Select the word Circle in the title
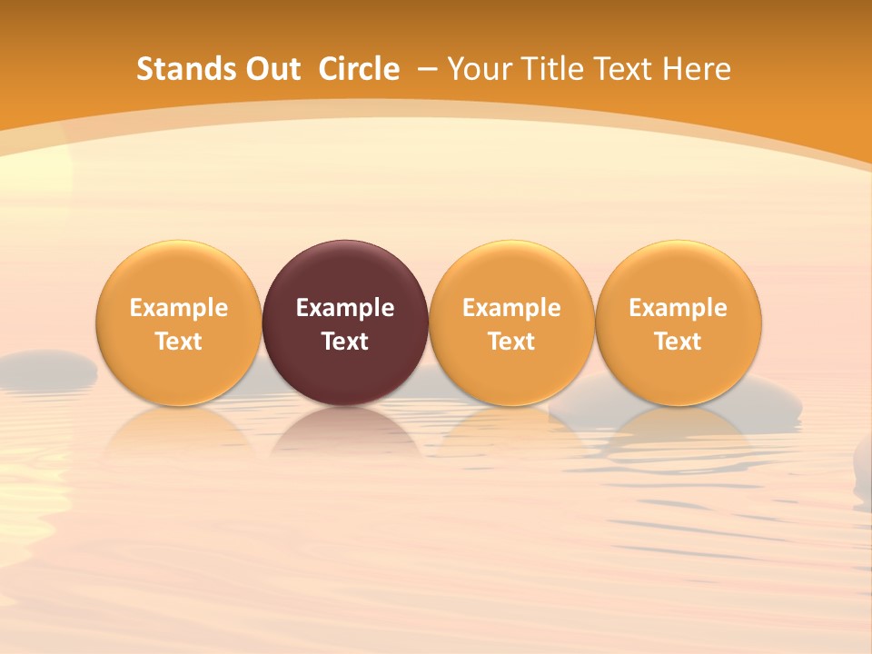pyautogui.click(x=359, y=69)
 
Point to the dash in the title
pyautogui.click(x=427, y=69)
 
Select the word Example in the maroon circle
pyautogui.click(x=345, y=308)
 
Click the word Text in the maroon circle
pyautogui.click(x=345, y=342)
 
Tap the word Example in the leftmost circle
pyautogui.click(x=179, y=308)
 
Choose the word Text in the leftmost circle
pyautogui.click(x=179, y=342)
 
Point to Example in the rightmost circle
pyautogui.click(x=678, y=308)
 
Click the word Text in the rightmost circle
pyautogui.click(x=678, y=342)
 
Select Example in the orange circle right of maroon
pyautogui.click(x=511, y=308)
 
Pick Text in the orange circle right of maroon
pyautogui.click(x=511, y=342)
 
